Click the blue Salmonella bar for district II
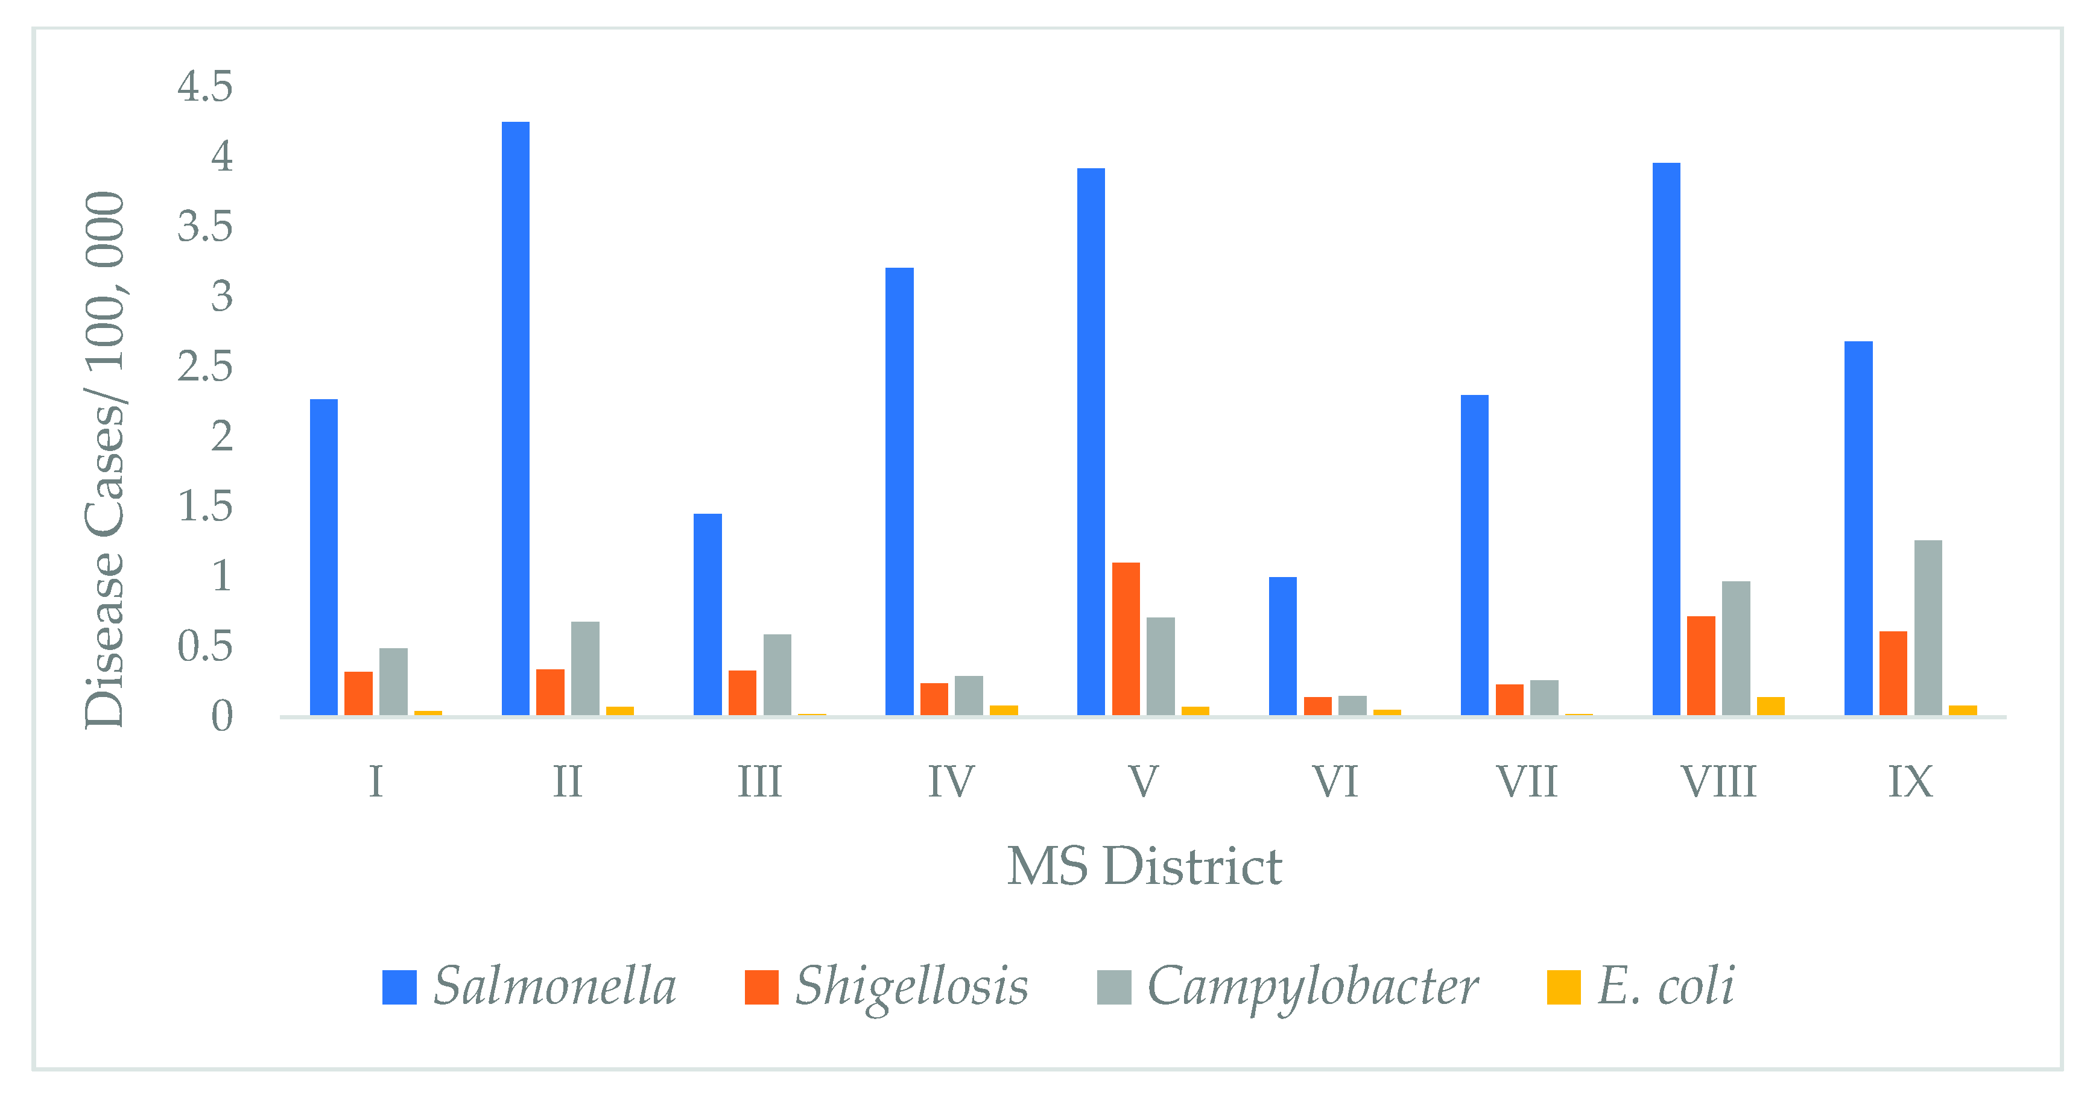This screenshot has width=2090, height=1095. coord(515,418)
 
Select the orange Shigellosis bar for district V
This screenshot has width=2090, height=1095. coord(1126,639)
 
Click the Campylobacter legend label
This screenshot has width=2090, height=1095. coord(1312,986)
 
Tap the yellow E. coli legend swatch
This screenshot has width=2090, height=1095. coord(1563,987)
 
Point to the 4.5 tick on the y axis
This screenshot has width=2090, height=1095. coord(204,86)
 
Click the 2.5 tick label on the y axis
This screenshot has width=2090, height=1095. coord(204,367)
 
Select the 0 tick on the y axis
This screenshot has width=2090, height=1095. coord(221,717)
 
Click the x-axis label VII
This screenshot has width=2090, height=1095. coord(1526,782)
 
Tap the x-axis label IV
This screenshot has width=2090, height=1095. coord(950,782)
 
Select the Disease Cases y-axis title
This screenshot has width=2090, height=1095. coord(105,460)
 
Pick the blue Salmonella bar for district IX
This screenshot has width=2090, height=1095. coord(1858,528)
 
